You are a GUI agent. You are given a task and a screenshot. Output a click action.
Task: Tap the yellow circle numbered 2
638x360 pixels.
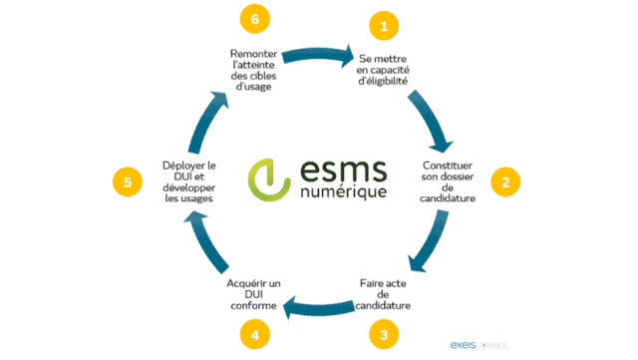506,181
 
